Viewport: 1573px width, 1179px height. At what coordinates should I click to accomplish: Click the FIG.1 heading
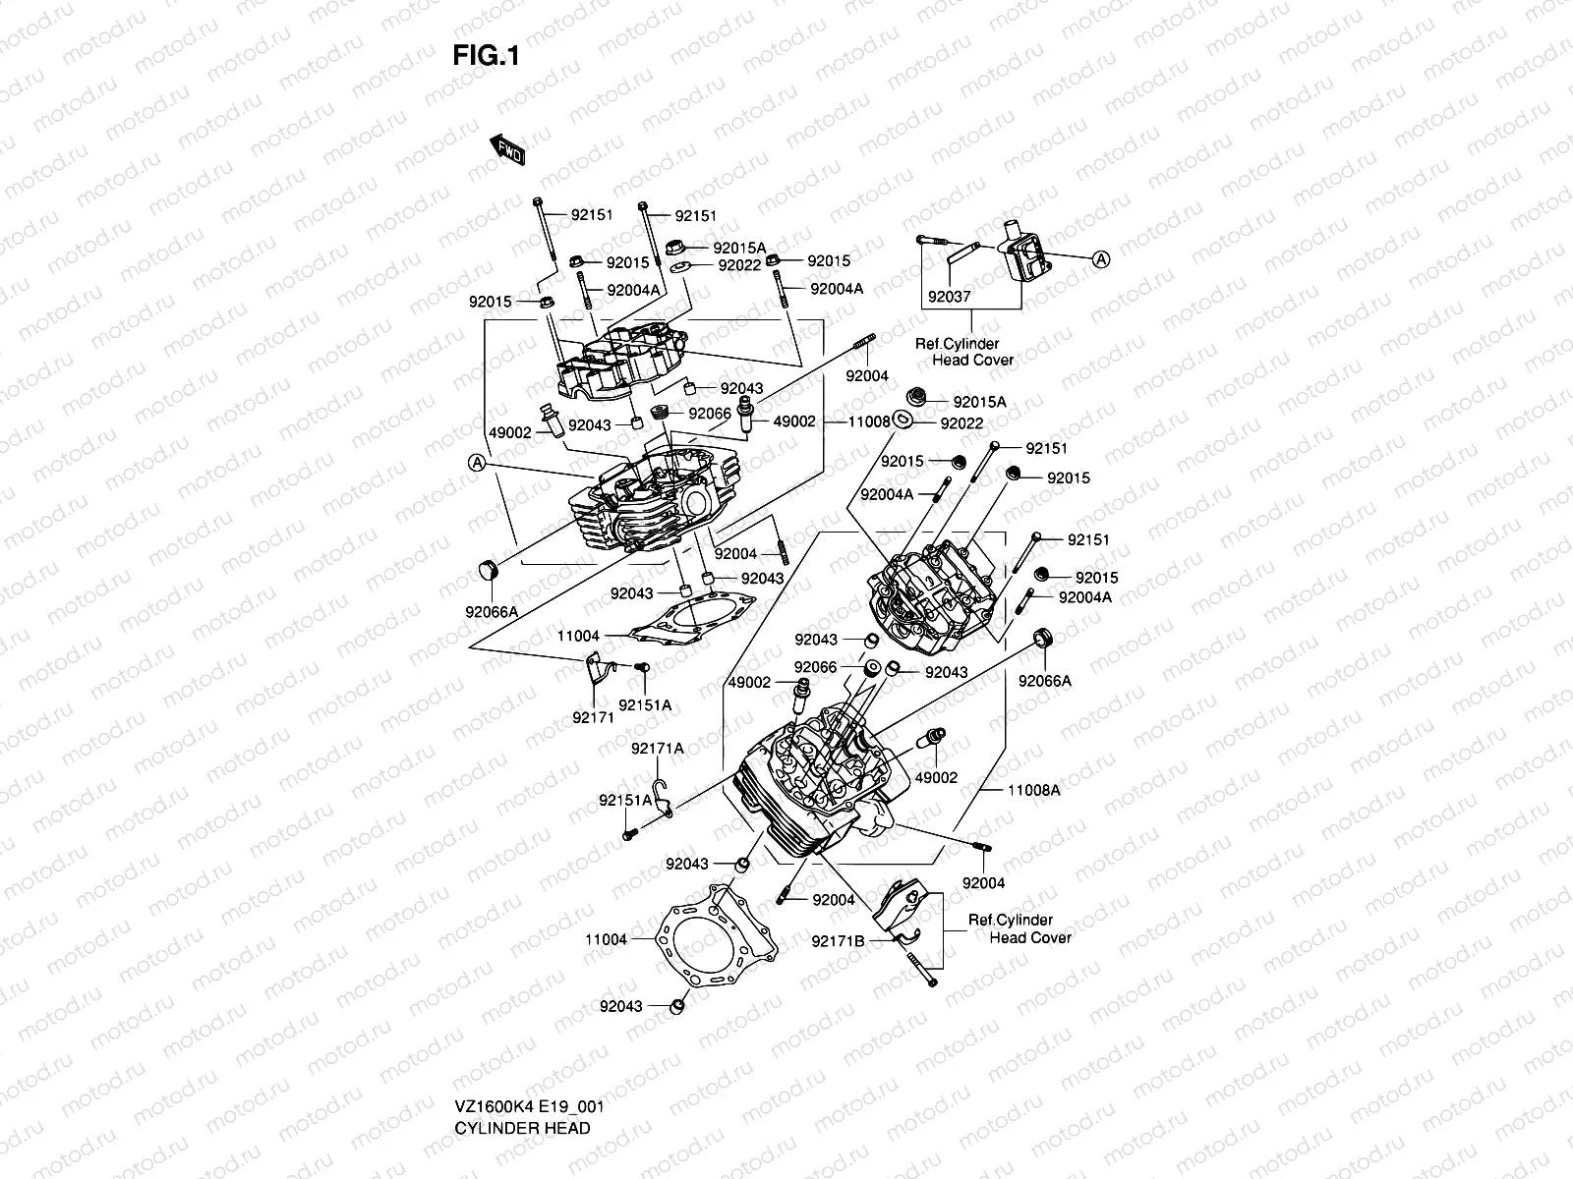click(486, 57)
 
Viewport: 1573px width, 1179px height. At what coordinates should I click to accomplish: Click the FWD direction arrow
click(507, 149)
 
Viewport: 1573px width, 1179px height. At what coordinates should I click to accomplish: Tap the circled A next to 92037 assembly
click(1101, 259)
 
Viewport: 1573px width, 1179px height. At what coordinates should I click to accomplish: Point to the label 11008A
click(1034, 790)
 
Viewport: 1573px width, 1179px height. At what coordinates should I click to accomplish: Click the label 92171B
click(838, 941)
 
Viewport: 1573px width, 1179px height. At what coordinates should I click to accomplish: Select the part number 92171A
click(657, 749)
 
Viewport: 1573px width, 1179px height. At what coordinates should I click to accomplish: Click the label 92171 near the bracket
click(594, 718)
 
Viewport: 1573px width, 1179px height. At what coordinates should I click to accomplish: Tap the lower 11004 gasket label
click(606, 939)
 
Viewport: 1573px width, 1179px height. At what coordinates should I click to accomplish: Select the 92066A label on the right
click(1044, 681)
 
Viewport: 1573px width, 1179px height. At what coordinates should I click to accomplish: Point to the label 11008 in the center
click(869, 421)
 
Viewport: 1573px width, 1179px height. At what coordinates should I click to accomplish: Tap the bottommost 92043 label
click(620, 1006)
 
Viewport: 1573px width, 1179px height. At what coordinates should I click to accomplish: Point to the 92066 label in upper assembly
click(709, 414)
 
